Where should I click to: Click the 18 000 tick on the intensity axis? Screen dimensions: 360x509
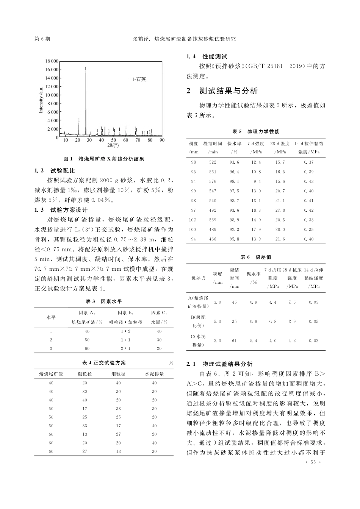point(52,61)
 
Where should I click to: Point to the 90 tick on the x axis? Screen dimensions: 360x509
point(162,140)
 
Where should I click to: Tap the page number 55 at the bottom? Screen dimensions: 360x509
point(313,462)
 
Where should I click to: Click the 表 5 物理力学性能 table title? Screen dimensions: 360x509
point(256,131)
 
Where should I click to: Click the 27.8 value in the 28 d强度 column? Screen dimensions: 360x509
point(280,210)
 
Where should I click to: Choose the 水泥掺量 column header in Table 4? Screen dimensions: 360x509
point(154,374)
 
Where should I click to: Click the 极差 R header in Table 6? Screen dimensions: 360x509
point(198,278)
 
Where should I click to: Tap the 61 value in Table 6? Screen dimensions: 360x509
point(234,341)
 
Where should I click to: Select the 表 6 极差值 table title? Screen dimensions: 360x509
point(256,257)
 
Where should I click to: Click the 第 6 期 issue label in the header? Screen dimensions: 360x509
point(42,39)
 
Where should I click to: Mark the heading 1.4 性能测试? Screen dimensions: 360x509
point(207,56)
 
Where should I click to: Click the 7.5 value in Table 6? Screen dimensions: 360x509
point(292,302)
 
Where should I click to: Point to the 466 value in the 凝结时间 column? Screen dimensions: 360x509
point(213,239)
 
